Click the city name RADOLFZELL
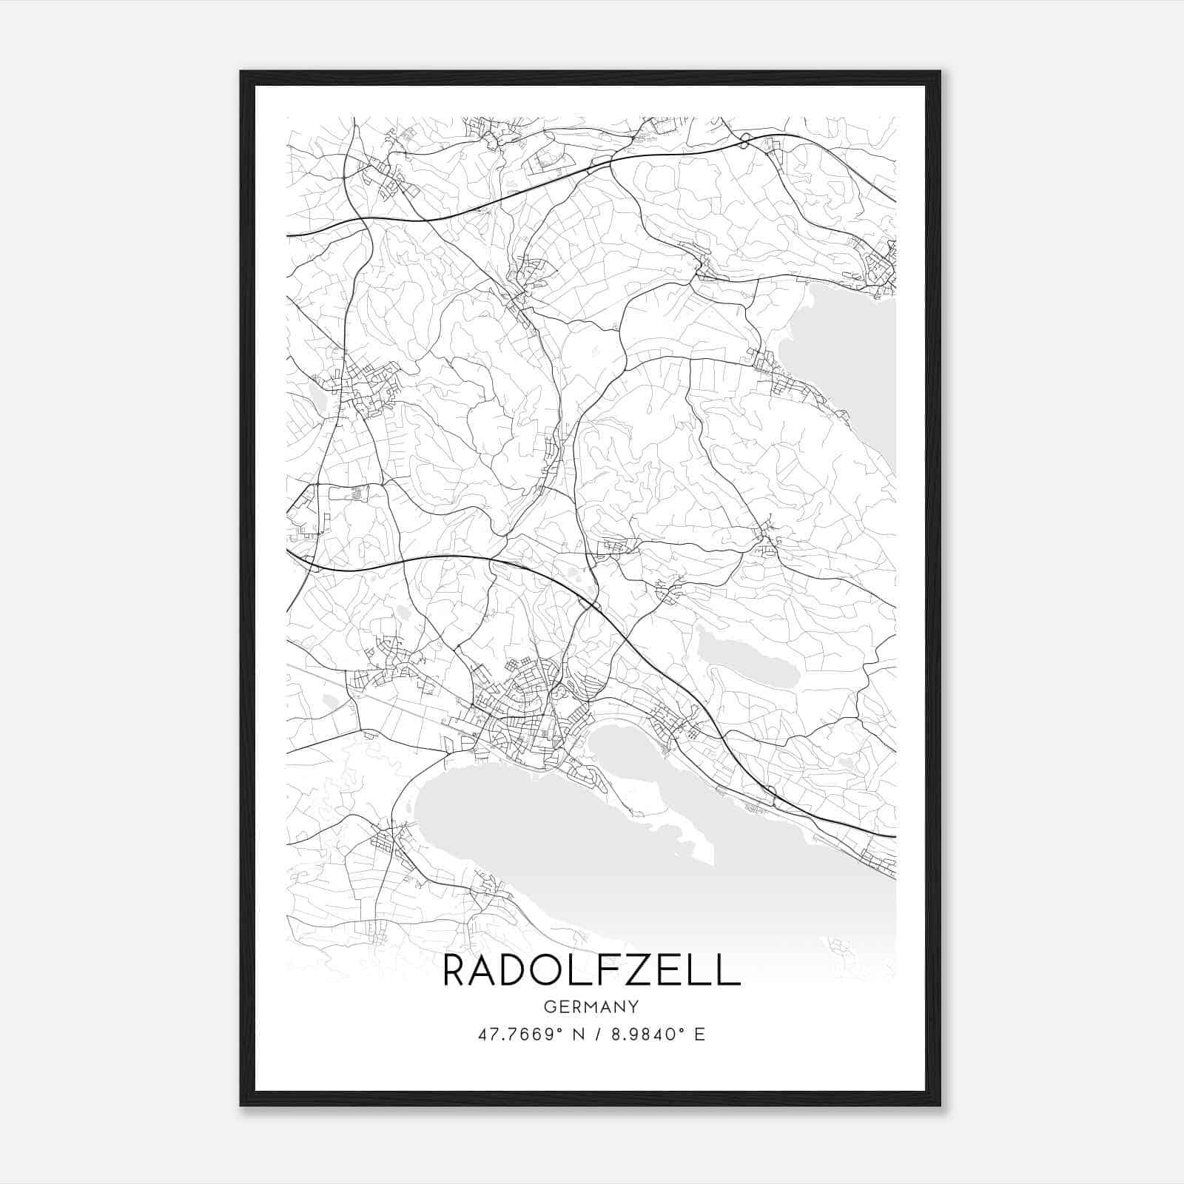click(591, 971)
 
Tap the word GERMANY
click(591, 1006)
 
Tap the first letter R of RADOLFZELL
click(457, 971)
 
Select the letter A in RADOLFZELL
click(485, 971)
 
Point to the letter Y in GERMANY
click(633, 1006)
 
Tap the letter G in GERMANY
click(549, 1006)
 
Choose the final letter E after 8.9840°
click(700, 1035)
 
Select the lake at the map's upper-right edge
click(851, 355)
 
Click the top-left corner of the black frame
click(242, 73)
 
